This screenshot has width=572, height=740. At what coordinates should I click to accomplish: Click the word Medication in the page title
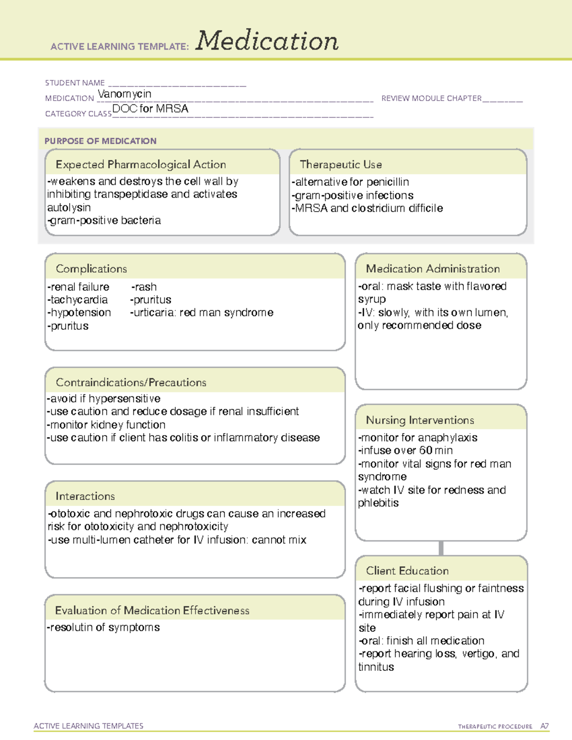tap(266, 41)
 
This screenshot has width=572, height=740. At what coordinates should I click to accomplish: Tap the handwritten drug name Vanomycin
tap(124, 94)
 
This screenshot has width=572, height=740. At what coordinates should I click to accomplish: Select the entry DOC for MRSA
tap(150, 109)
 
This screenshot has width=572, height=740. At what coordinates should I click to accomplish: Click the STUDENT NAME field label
tap(75, 83)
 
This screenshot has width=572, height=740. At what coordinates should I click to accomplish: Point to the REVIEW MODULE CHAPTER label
tap(431, 98)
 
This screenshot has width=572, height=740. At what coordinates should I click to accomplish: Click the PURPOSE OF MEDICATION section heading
tap(100, 141)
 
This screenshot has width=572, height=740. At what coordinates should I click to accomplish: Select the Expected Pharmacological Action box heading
tap(141, 164)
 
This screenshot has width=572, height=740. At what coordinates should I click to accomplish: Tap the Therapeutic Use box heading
tap(340, 164)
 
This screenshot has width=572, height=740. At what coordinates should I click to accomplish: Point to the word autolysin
tap(69, 207)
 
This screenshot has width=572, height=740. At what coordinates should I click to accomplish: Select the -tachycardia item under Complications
tap(77, 300)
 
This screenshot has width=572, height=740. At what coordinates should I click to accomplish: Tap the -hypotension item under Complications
tap(79, 313)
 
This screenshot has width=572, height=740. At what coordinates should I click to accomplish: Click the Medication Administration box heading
tap(432, 269)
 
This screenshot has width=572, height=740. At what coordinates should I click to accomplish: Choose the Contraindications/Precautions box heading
tap(131, 382)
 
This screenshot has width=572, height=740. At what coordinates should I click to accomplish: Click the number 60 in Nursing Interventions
tap(426, 450)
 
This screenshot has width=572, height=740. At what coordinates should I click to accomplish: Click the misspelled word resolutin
tap(72, 628)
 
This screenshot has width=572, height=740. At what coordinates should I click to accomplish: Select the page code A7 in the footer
tap(544, 726)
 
